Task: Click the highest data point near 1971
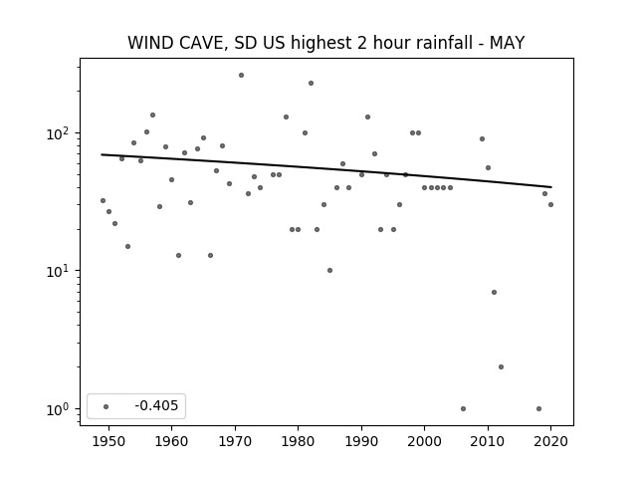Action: coord(241,76)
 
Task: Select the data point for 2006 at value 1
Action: coord(463,409)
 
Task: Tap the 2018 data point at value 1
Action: coord(538,409)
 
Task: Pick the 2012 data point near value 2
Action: coord(501,367)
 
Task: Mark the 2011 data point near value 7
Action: coord(494,292)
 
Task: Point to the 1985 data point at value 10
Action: coord(329,270)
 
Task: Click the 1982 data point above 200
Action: coord(311,84)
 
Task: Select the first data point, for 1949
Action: coord(103,201)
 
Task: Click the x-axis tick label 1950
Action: coord(108,441)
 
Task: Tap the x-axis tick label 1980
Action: coord(298,441)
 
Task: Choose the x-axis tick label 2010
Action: coord(488,441)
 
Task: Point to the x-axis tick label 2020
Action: coord(550,441)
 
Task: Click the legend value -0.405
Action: coord(156,405)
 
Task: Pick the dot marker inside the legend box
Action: coord(106,406)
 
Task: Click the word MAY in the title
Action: coord(507,43)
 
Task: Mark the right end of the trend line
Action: coord(551,187)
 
